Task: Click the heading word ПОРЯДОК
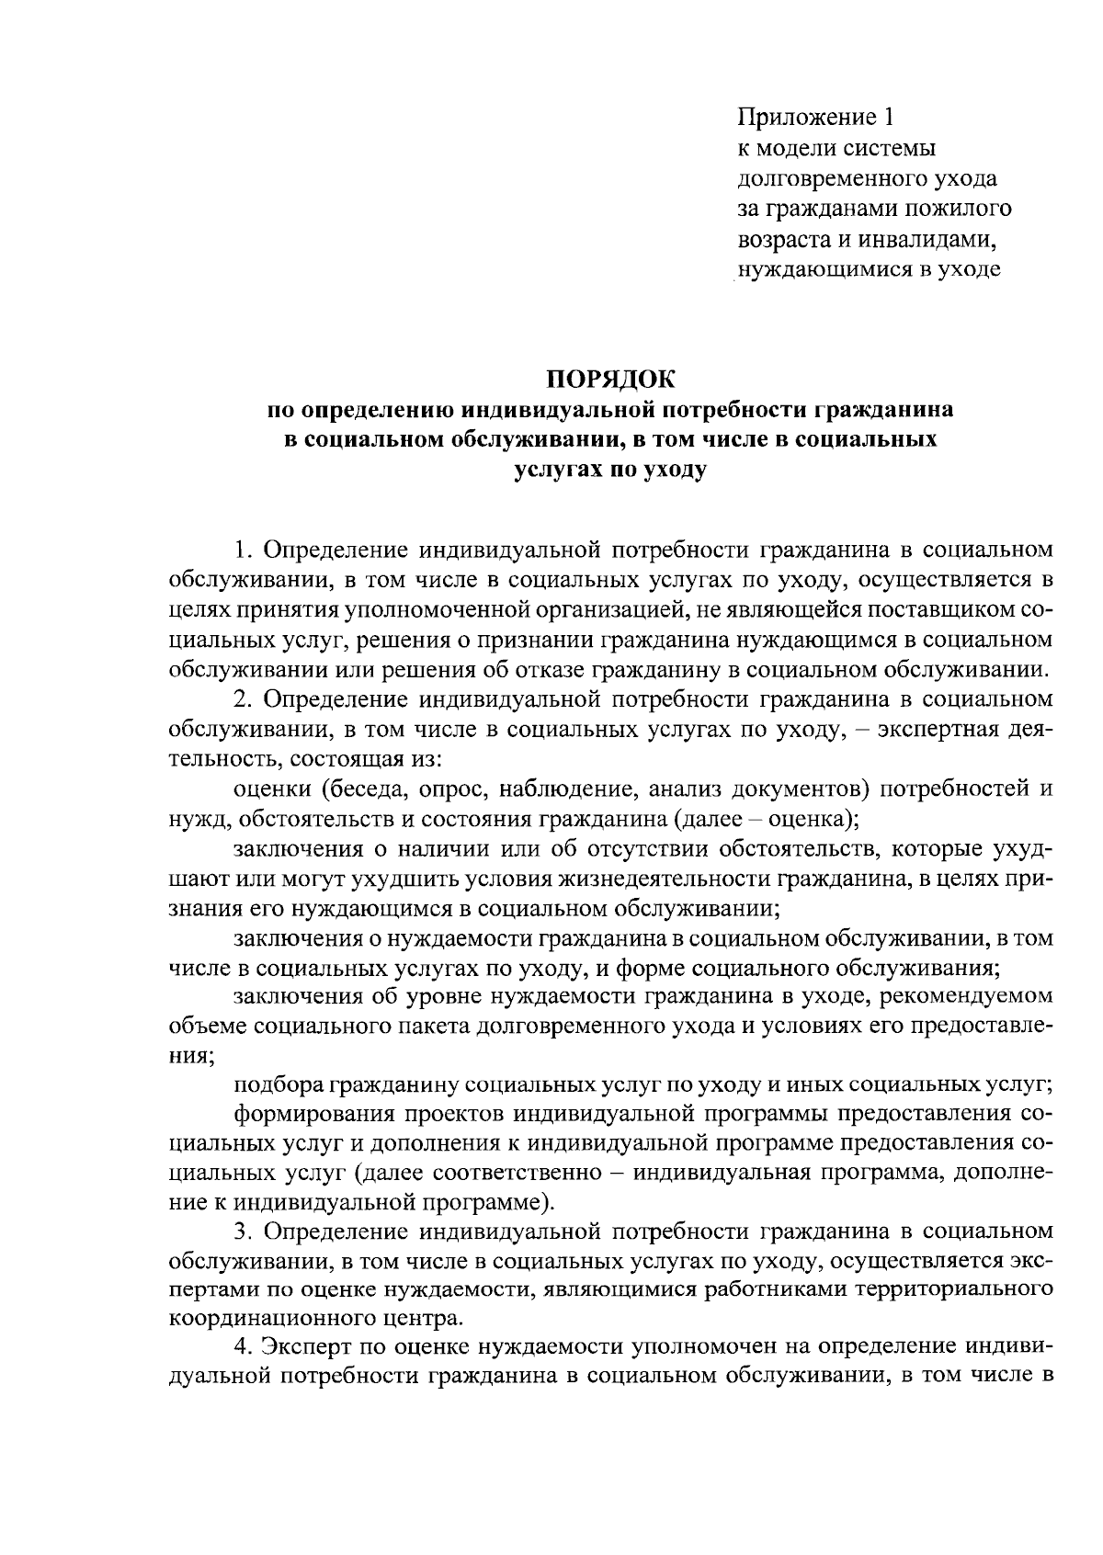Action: point(609,378)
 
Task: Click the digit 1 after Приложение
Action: point(887,118)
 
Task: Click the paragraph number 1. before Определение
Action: point(243,550)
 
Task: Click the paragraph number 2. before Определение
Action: point(243,699)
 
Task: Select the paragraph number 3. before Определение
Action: point(243,1231)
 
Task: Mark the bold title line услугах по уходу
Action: point(609,470)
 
